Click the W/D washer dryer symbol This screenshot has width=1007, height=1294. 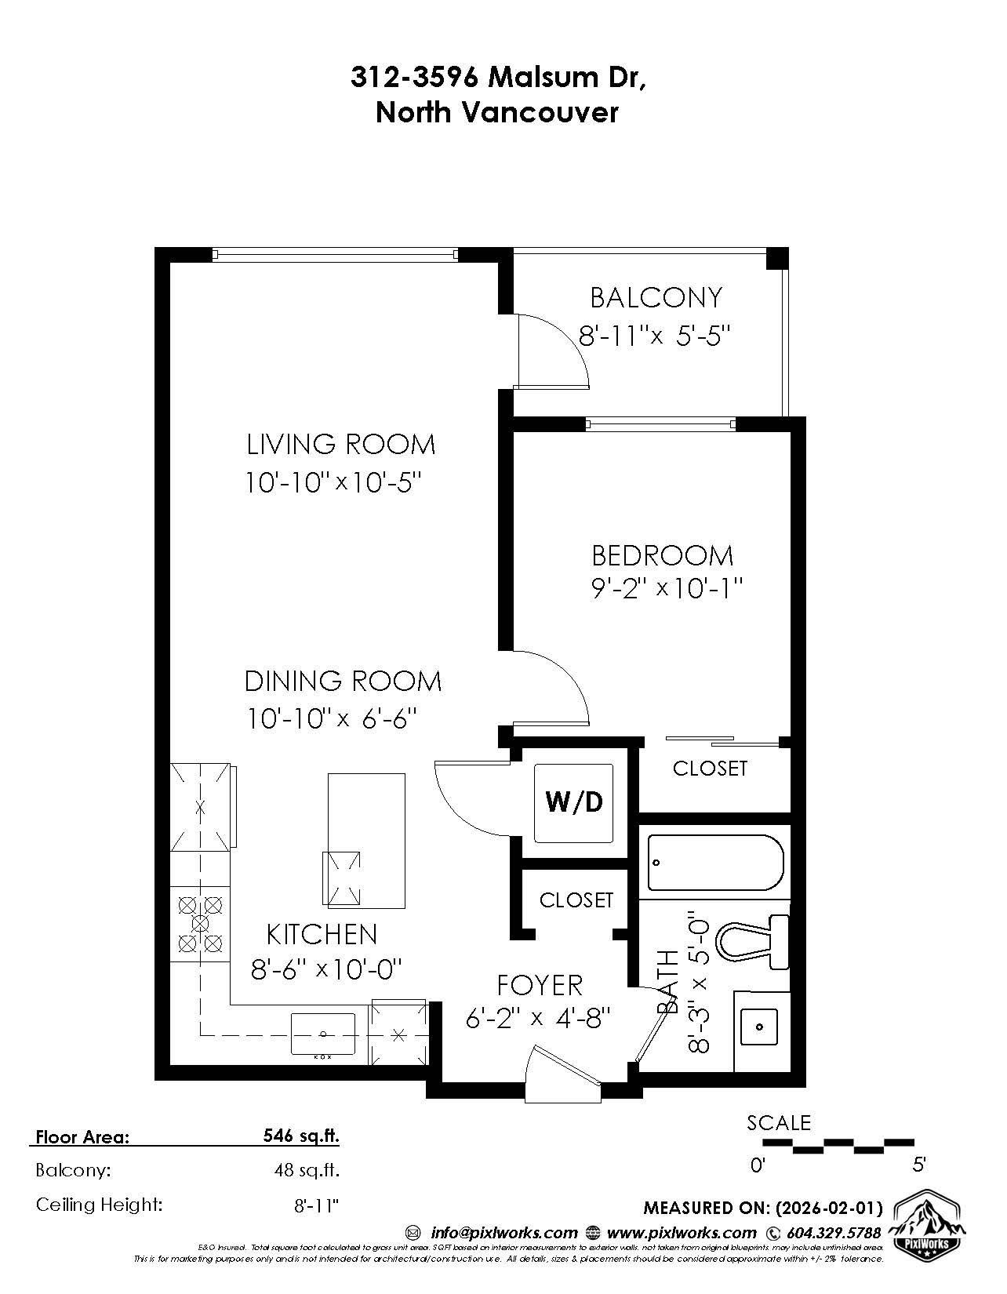tap(574, 801)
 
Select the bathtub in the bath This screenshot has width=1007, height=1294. tap(715, 863)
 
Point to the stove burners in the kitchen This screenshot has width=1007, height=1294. tap(200, 924)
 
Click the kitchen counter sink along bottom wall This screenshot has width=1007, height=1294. tap(322, 1034)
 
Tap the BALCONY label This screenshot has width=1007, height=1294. tap(656, 298)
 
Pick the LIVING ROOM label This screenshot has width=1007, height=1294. tap(340, 445)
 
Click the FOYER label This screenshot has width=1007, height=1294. tap(540, 985)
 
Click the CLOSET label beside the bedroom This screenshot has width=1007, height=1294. tap(710, 769)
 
